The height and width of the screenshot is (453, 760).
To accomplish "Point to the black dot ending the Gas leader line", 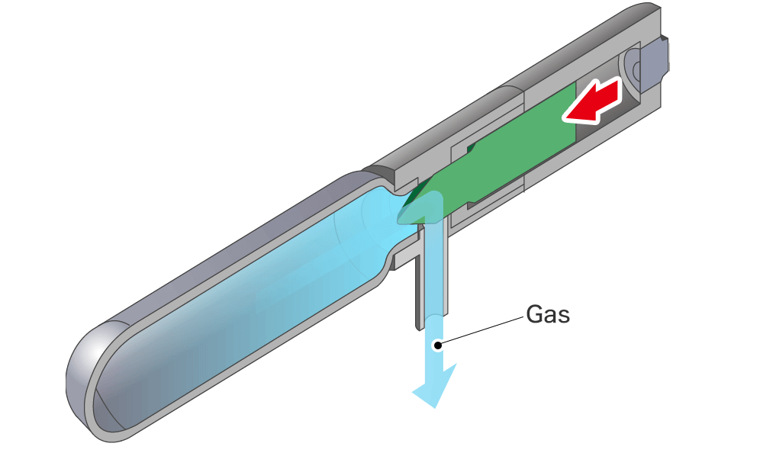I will [x=437, y=345].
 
